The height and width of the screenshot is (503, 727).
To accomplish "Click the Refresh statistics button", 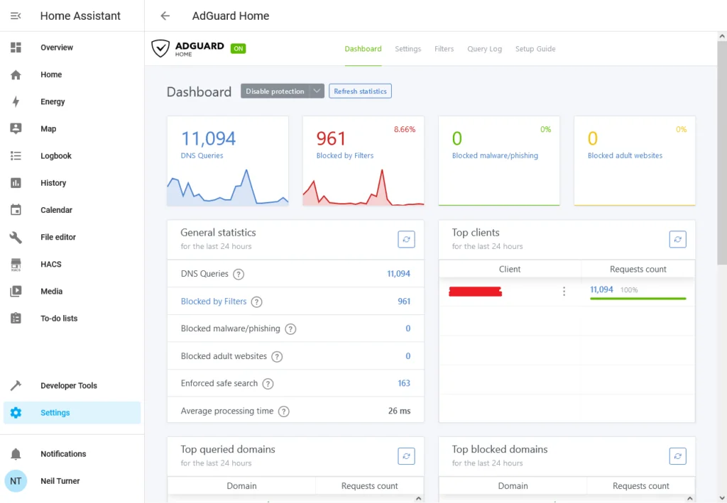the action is tap(360, 92).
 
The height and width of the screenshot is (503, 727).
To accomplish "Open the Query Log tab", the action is tap(484, 49).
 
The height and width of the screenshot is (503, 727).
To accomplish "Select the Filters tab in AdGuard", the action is tap(444, 49).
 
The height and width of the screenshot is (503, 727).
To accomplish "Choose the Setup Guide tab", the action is tap(535, 49).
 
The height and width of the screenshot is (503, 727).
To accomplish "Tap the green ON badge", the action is tap(239, 48).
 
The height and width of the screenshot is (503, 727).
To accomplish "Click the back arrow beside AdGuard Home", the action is tap(165, 16).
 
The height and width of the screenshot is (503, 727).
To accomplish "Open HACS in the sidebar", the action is tap(50, 264).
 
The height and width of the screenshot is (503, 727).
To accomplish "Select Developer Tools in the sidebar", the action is tap(69, 385).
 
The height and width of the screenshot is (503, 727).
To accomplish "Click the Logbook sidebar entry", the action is tap(55, 155).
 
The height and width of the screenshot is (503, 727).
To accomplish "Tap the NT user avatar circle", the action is tap(16, 481).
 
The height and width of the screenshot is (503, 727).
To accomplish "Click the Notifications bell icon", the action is tap(16, 454).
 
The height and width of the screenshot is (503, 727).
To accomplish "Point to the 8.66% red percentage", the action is tap(405, 129).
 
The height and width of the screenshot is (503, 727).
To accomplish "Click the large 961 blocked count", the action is tap(331, 138).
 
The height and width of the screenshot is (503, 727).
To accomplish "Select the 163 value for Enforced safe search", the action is tap(404, 383).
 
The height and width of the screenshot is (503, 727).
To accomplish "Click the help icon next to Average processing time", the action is tap(284, 411).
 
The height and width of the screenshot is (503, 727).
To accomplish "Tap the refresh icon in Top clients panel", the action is tap(677, 240).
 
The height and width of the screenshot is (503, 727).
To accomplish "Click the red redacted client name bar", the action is tap(475, 292).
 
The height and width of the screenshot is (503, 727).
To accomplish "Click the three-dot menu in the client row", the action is tap(564, 291).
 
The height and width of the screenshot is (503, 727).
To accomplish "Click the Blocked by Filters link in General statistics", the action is tap(214, 302).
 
